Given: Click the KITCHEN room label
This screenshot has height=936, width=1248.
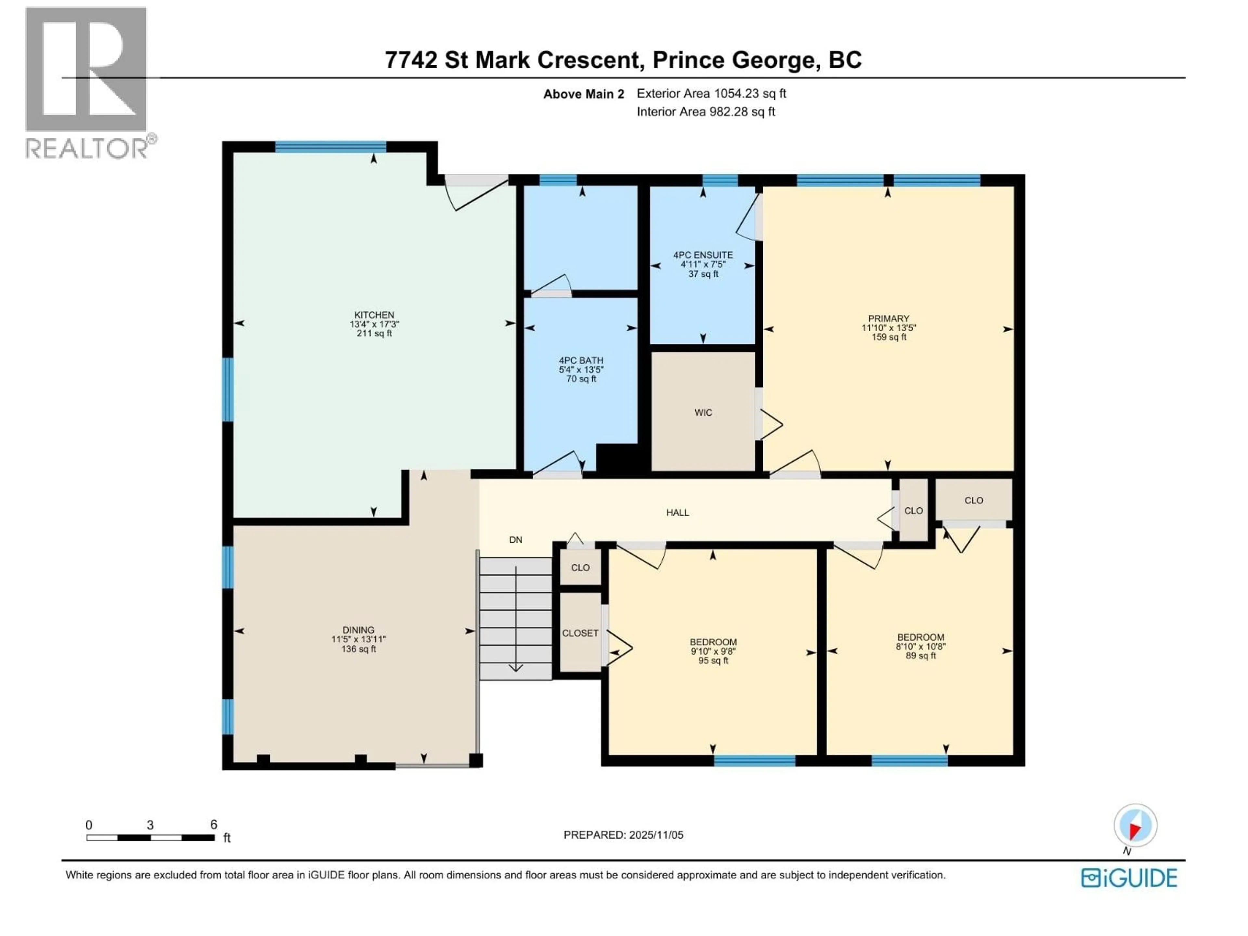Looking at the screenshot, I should click(374, 315).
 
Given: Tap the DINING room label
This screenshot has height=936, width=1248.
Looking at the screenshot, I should click(358, 630).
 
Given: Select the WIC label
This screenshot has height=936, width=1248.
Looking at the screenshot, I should click(703, 412).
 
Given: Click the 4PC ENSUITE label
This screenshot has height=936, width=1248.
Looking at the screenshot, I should click(703, 255).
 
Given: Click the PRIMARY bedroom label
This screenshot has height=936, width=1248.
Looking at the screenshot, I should click(889, 319).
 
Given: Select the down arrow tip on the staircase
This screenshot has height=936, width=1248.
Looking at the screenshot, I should click(516, 669).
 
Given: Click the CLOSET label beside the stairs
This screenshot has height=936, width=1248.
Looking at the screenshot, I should click(580, 633).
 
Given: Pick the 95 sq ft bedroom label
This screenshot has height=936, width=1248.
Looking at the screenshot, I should click(713, 642).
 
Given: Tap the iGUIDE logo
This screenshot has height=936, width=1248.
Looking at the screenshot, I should click(1129, 878).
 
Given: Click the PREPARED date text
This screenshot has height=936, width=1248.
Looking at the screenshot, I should click(623, 835).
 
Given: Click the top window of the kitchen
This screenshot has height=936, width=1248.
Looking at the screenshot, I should click(330, 147).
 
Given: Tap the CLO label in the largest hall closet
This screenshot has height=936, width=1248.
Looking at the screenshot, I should click(973, 500).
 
